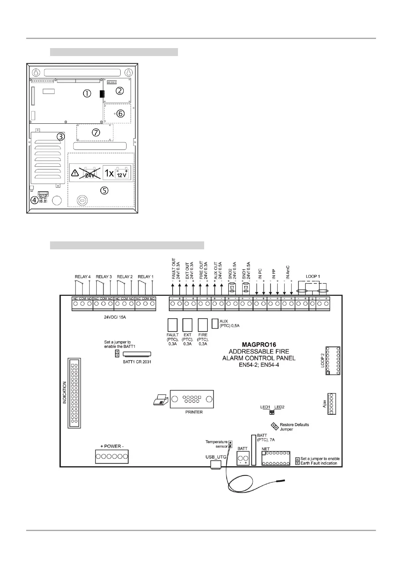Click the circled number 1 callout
[87, 94]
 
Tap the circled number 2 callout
[120, 90]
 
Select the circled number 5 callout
[104, 190]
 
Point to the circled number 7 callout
[96, 133]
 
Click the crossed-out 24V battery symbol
[90, 173]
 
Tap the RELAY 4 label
[83, 277]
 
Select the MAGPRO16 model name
[259, 345]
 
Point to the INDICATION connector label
[65, 393]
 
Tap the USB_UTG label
[216, 457]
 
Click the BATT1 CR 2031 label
[137, 362]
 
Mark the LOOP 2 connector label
[322, 360]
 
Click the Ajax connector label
[324, 404]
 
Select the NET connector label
[265, 449]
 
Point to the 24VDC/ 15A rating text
[115, 317]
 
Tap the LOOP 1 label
[313, 276]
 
